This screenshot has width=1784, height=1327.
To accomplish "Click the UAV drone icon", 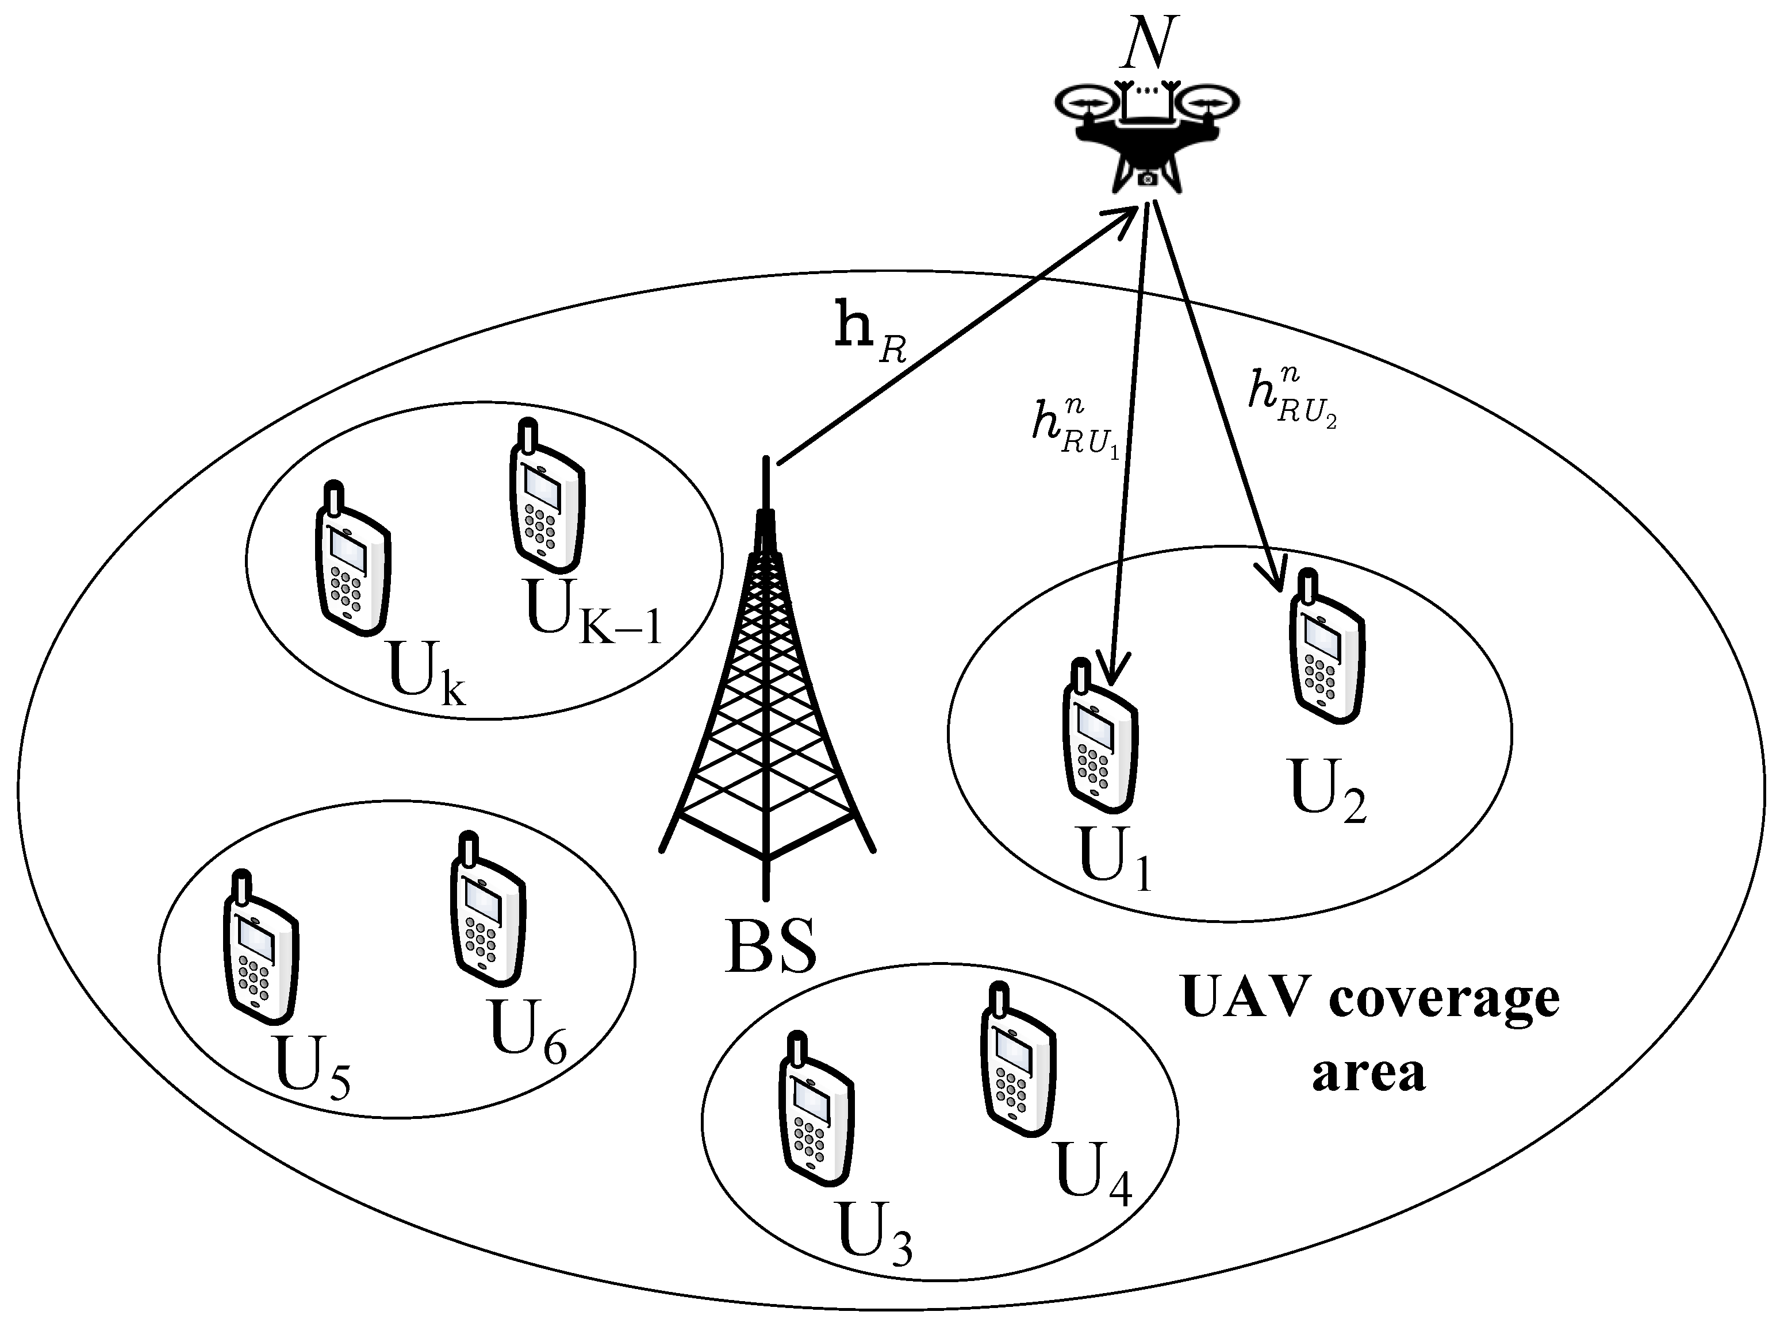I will pyautogui.click(x=1147, y=137).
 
